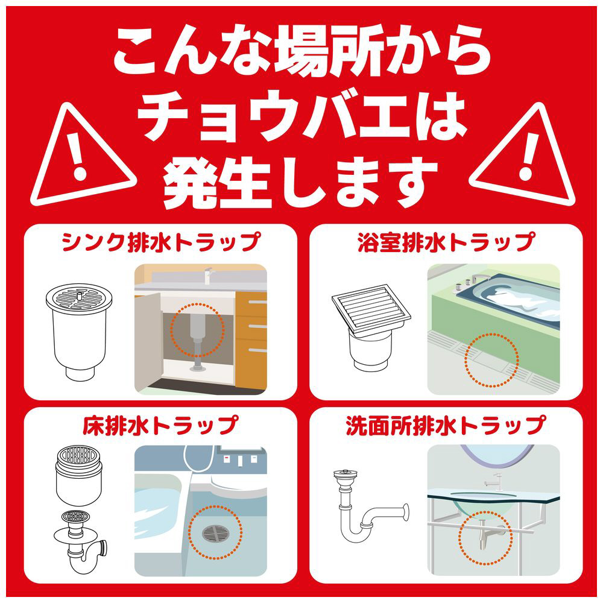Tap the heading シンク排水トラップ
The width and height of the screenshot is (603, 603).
coord(161,242)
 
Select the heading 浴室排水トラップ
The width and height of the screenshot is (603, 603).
coord(446,242)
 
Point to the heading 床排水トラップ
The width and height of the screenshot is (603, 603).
coord(161,425)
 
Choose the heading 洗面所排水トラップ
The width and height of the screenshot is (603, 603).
coord(446,425)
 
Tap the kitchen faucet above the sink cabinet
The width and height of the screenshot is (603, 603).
coord(207,274)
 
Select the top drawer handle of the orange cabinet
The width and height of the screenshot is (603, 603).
coord(257,302)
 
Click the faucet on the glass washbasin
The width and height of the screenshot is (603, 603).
coord(495,481)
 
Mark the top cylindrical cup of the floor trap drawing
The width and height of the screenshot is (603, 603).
coord(79,475)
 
